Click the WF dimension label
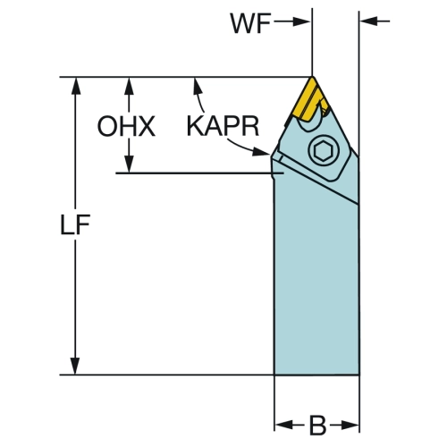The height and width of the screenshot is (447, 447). click(250, 23)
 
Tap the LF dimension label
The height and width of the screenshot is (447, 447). click(75, 224)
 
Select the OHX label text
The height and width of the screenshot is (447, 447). click(126, 127)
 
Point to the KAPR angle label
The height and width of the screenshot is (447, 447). click(223, 126)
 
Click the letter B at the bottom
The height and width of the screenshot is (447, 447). click(317, 425)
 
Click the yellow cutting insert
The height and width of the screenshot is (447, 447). click(310, 100)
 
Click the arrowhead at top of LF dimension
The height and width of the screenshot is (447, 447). click(76, 86)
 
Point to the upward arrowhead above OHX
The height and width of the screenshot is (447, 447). click(129, 86)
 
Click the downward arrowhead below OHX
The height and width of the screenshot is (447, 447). click(129, 164)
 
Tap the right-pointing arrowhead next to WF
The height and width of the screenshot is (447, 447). click(301, 21)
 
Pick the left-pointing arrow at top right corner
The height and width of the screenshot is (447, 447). click(375, 21)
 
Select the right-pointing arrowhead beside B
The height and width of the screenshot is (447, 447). click(350, 426)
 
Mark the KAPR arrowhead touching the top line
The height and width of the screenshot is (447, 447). click(197, 85)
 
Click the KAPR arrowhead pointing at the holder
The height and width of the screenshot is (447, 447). click(261, 151)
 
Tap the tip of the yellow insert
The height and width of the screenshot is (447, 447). click(312, 77)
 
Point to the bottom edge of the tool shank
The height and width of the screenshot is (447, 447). click(316, 375)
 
